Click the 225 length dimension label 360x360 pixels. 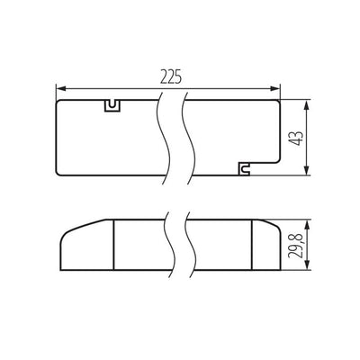(171, 76)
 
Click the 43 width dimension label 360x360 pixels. (297, 139)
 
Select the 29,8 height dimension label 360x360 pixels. (295, 246)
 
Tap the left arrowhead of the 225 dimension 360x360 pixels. (61, 88)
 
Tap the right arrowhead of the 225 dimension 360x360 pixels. (275, 88)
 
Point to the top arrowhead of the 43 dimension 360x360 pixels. (307, 105)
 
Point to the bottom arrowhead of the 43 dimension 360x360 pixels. (307, 170)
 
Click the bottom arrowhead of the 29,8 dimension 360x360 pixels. (307, 265)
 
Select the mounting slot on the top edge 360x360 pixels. (112, 106)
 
